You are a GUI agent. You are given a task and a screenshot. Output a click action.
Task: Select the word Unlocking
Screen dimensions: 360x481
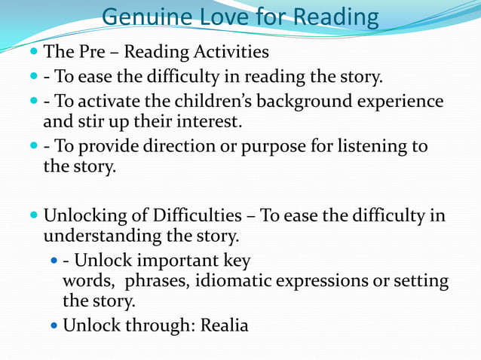click(x=84, y=216)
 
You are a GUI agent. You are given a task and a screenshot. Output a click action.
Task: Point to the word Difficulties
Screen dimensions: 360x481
click(x=184, y=216)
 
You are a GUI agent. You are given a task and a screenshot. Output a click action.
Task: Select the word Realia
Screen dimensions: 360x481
click(x=224, y=326)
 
